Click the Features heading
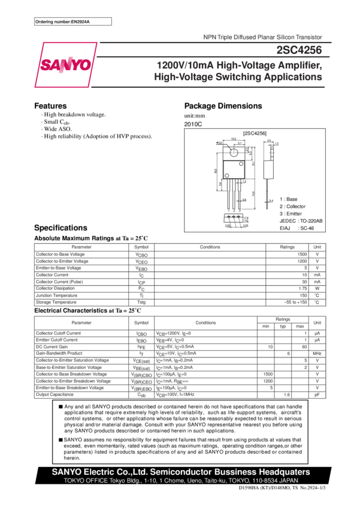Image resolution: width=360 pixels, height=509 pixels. pyautogui.click(x=50, y=106)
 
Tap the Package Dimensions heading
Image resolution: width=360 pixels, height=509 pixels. pyautogui.click(x=223, y=106)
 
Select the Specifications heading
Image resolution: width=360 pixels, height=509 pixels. pyautogui.click(x=60, y=228)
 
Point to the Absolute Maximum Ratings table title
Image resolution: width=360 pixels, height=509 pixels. pyautogui.click(x=90, y=238)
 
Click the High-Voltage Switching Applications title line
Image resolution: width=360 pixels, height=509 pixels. pyautogui.click(x=238, y=78)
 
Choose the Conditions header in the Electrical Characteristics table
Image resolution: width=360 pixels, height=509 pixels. pyautogui.click(x=205, y=323)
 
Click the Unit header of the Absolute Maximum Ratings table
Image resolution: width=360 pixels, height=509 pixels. pyautogui.click(x=317, y=247)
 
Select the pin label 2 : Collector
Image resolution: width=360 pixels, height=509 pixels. pyautogui.click(x=292, y=206)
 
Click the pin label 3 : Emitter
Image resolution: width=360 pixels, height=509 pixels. pyautogui.click(x=291, y=213)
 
